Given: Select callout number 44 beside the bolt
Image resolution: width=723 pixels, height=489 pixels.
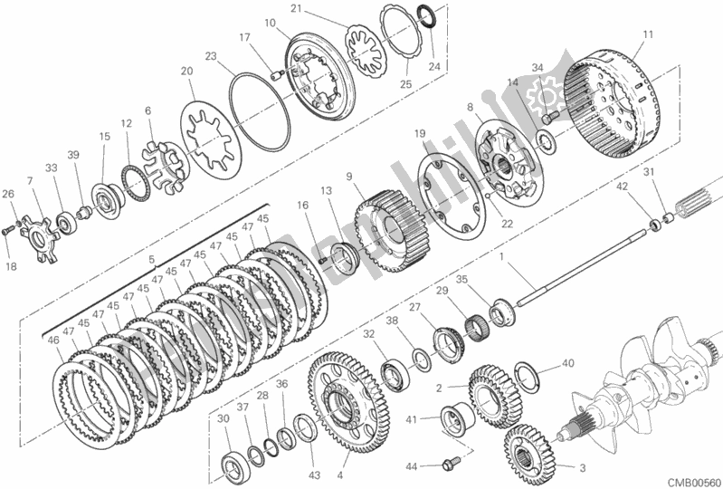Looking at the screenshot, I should (412, 466).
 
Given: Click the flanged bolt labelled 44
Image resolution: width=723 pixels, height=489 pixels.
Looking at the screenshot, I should (447, 467).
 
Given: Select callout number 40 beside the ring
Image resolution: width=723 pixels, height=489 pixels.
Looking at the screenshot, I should (567, 363).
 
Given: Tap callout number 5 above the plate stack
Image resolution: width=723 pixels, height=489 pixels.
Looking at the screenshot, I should (150, 259).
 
